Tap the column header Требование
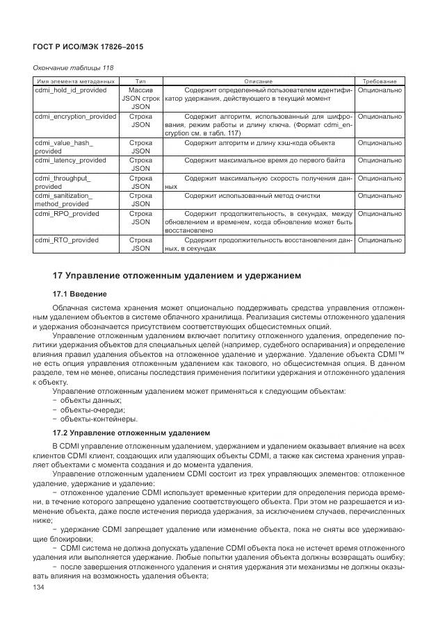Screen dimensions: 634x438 (380, 81)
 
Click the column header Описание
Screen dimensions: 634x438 (259, 81)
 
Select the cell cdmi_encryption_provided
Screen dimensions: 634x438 (75, 117)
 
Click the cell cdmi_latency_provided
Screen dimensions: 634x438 (70, 160)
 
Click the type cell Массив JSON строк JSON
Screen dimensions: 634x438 (140, 99)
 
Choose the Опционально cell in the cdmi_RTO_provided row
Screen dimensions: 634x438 (380, 240)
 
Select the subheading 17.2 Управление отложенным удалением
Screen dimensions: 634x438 (131, 432)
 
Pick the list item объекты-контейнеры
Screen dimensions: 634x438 (88, 419)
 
